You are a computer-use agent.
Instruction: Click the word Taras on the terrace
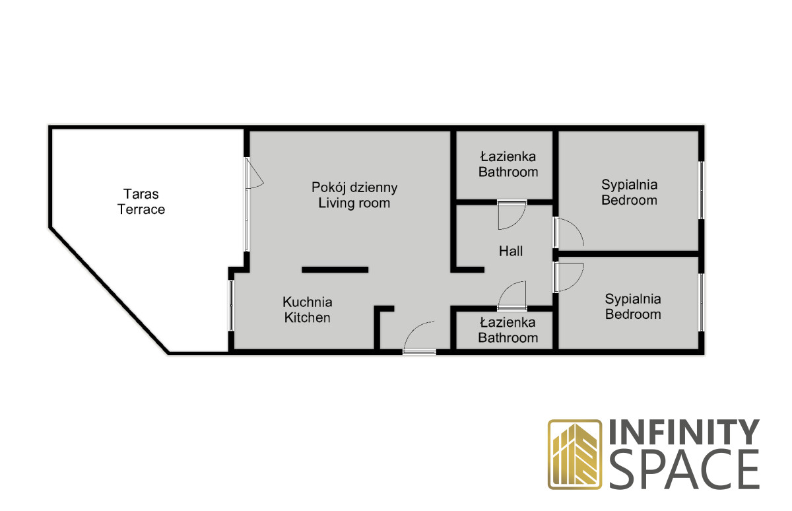click(x=141, y=194)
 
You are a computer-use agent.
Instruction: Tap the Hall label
click(x=511, y=251)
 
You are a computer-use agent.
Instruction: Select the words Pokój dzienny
click(x=354, y=187)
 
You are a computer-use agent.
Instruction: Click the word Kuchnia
click(x=308, y=302)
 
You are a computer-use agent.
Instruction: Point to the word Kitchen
click(x=308, y=318)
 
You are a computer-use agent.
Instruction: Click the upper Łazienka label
click(x=508, y=156)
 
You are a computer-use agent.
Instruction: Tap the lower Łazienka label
click(x=508, y=322)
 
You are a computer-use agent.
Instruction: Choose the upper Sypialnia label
click(x=630, y=185)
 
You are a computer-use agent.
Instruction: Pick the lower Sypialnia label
click(x=633, y=299)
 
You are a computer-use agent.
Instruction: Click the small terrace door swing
click(x=255, y=173)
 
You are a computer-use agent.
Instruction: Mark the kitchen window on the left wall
click(x=231, y=306)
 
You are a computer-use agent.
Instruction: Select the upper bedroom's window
click(x=702, y=190)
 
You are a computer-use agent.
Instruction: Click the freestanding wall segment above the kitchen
click(x=335, y=270)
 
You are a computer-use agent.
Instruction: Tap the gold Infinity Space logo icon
click(x=575, y=454)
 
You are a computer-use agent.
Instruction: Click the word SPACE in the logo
click(x=684, y=469)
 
